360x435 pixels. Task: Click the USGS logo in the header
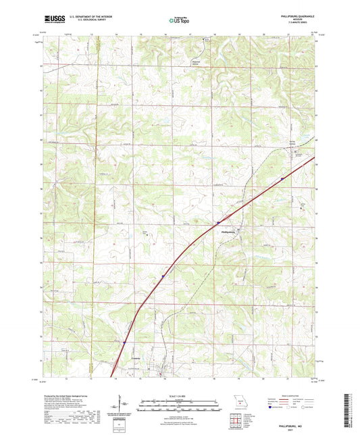(54, 21)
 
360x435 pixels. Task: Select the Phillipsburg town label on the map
(228, 232)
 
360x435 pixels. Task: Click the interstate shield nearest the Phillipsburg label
(218, 221)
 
